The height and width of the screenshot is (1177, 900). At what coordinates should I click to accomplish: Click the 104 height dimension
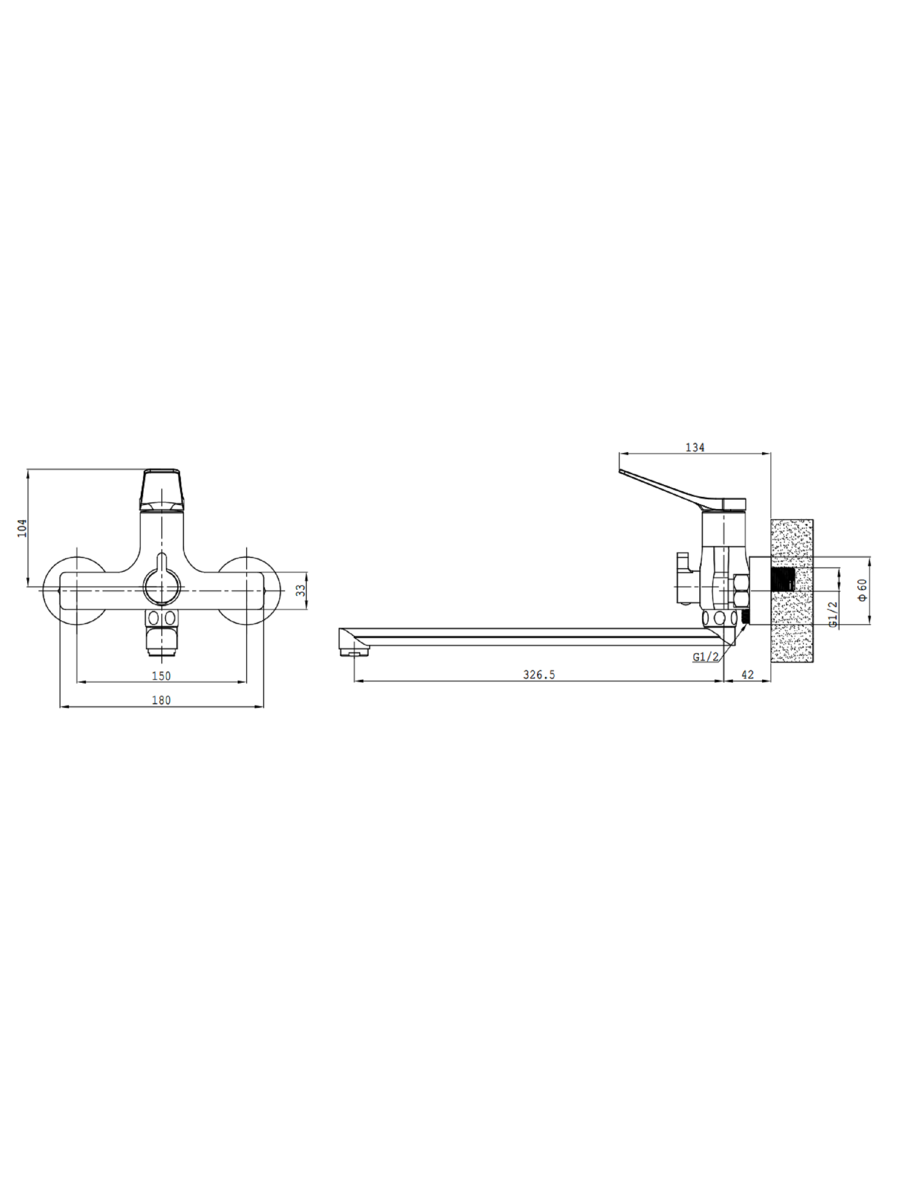[x=22, y=529]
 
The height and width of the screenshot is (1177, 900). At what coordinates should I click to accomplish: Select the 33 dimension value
[x=301, y=591]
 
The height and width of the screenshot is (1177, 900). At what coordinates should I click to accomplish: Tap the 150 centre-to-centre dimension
[x=161, y=676]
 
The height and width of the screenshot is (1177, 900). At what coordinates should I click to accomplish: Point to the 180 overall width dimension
[x=161, y=701]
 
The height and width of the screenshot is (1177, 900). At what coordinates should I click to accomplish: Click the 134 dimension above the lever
[x=694, y=448]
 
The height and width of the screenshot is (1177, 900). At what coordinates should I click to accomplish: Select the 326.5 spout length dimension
[x=539, y=675]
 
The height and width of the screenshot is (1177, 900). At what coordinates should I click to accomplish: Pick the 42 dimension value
[x=747, y=675]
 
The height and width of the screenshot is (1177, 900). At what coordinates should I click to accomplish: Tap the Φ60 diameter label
[x=862, y=591]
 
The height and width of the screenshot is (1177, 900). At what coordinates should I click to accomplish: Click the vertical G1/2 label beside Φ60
[x=832, y=615]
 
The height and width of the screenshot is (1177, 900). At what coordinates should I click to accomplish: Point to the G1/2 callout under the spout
[x=705, y=657]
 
